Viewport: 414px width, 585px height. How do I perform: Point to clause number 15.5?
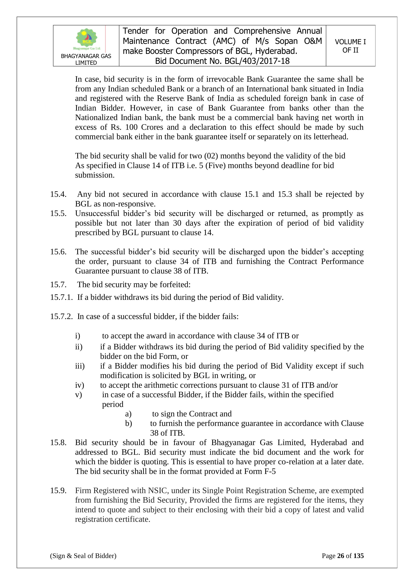[x=58, y=213]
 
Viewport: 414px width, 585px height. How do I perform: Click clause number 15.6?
[x=58, y=252]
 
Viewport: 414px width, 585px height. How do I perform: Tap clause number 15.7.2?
[x=61, y=317]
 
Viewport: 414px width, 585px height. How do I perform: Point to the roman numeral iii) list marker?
[x=80, y=366]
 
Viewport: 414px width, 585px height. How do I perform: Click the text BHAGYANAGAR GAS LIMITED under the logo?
[x=86, y=59]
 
